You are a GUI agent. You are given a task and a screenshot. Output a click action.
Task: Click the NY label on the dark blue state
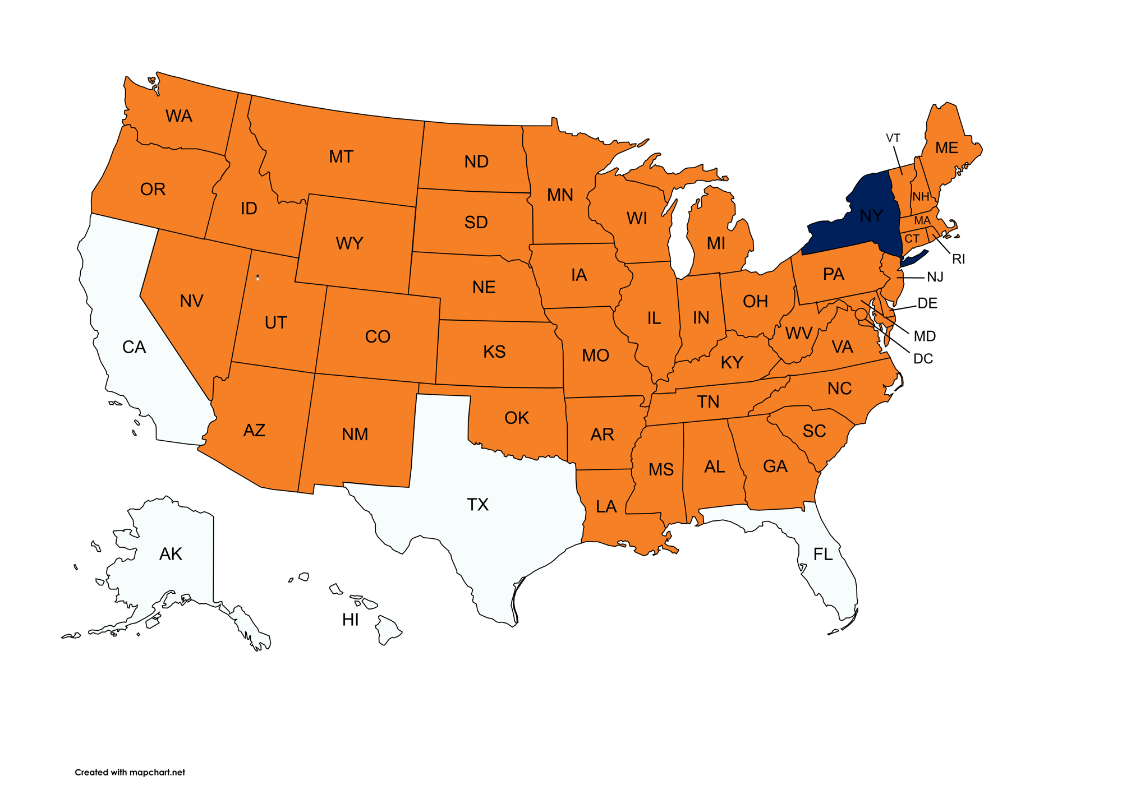coord(871,216)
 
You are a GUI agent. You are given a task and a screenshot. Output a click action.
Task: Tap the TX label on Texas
coord(477,504)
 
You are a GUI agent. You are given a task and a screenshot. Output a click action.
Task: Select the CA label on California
coord(134,347)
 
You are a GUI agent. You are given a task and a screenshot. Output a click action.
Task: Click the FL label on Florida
coord(823,554)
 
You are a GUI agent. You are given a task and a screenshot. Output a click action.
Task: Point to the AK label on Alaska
coord(171,554)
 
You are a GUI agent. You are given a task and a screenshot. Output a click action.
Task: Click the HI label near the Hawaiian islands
coord(350,620)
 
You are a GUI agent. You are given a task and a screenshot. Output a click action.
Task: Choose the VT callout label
coord(893,138)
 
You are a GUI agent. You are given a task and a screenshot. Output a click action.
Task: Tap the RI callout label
coord(958,259)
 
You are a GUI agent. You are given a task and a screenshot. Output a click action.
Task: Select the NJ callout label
coord(935,277)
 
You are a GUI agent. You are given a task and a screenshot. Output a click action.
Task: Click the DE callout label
coord(927,303)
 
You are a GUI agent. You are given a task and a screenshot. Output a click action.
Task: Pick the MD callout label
coord(925,336)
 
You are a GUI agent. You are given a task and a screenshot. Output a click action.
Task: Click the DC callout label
coord(923,359)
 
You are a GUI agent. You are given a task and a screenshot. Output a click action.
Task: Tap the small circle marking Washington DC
coord(861,315)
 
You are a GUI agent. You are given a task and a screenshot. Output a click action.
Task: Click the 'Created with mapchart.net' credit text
coord(130,772)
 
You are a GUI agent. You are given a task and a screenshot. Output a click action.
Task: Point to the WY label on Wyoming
coord(350,243)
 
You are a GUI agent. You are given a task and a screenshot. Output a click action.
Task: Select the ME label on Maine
coord(946,148)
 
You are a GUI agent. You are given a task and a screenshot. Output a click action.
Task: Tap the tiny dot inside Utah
coord(257,277)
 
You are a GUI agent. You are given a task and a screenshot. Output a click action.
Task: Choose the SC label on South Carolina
coord(814,431)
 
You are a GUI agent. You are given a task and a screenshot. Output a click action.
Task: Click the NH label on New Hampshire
coord(921,197)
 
